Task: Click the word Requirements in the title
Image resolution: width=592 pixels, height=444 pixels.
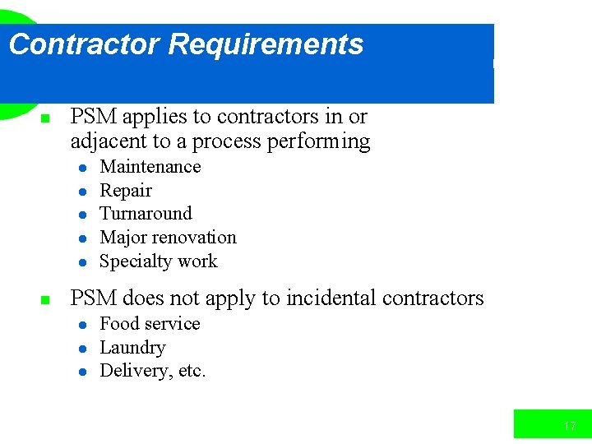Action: click(266, 44)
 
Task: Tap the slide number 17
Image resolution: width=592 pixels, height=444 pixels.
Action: click(570, 426)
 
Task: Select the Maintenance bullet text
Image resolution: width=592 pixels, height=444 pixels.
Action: click(150, 167)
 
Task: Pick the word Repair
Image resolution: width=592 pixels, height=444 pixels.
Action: click(126, 191)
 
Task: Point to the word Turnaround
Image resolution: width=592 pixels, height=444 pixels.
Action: click(146, 214)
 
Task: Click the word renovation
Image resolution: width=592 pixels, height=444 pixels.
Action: click(196, 238)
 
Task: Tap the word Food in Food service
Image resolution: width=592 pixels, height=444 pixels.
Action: click(116, 324)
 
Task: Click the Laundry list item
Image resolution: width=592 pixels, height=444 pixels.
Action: click(132, 348)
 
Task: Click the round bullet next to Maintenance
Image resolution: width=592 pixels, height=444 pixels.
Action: click(83, 168)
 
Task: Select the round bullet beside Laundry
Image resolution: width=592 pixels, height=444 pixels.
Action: click(83, 349)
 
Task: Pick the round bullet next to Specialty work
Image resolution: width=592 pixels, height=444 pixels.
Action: click(83, 262)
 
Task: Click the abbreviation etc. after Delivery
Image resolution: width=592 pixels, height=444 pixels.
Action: click(192, 371)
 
